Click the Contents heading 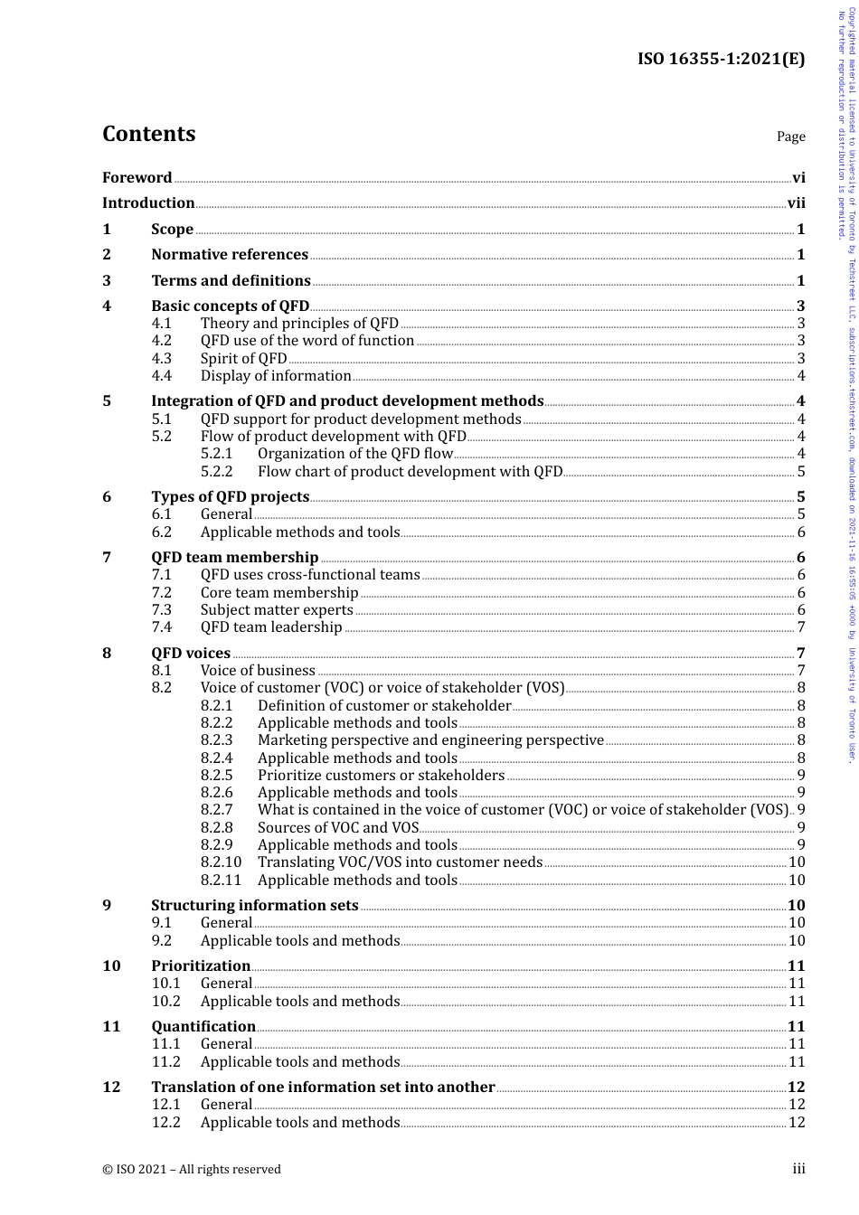(148, 134)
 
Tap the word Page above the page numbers (790, 137)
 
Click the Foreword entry (137, 178)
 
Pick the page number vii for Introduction (796, 203)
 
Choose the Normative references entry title (230, 255)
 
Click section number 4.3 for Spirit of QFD (161, 358)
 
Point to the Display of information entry (276, 376)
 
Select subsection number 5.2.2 (216, 471)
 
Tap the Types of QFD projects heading (230, 497)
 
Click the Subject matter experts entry (277, 610)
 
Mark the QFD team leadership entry (271, 627)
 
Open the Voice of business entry (258, 671)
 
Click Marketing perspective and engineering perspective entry (430, 740)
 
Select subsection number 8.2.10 (221, 862)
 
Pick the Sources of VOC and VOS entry (338, 827)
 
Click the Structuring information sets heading (255, 906)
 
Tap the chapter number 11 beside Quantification (111, 1026)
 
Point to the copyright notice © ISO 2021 (191, 1169)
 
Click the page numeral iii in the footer (798, 1169)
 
